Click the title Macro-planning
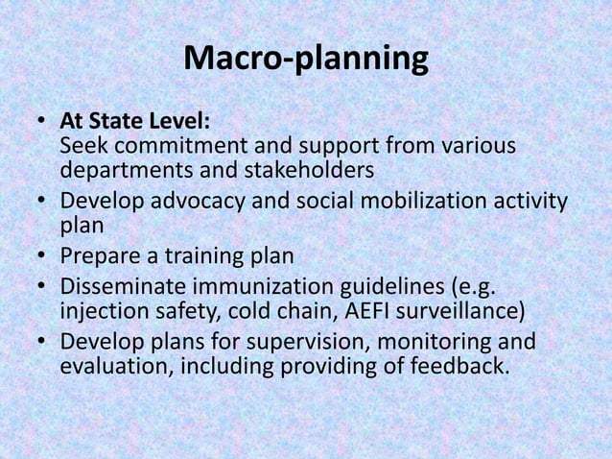point(305,60)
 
